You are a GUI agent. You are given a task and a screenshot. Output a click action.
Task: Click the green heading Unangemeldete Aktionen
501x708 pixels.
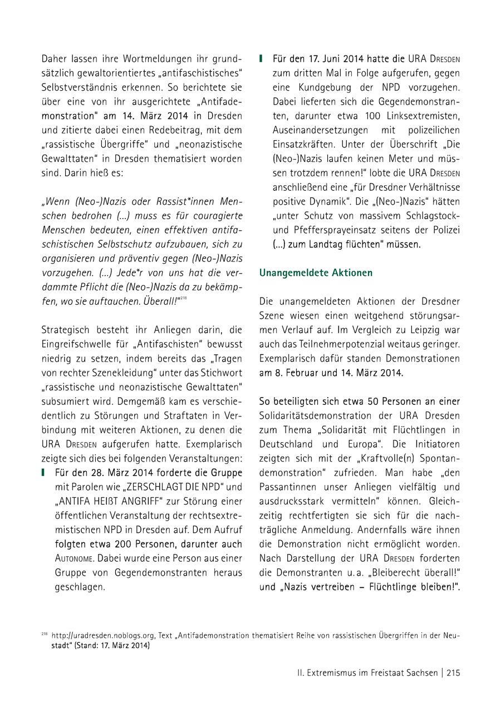tap(316, 273)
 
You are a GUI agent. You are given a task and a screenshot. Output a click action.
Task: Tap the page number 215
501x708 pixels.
tap(453, 673)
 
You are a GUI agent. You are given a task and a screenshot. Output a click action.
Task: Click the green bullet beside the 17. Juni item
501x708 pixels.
tap(261, 58)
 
